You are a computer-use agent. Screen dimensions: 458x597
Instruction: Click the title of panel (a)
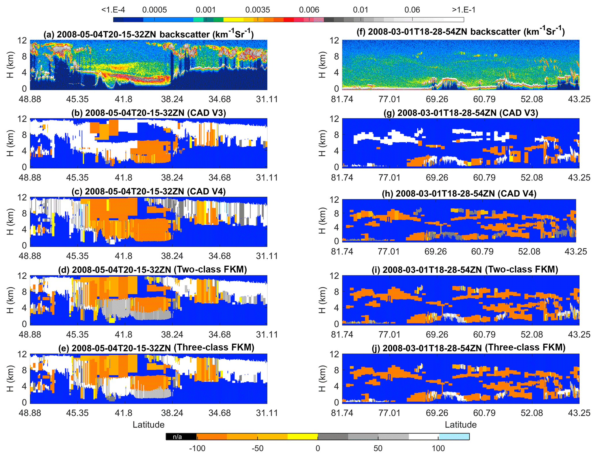(148, 34)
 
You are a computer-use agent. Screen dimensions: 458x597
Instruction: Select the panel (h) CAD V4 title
(459, 193)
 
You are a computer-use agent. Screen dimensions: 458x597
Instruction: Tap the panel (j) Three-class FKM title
(468, 347)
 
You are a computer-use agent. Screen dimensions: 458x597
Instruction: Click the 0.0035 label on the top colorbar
(257, 10)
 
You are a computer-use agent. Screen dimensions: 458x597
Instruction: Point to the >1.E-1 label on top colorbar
(464, 10)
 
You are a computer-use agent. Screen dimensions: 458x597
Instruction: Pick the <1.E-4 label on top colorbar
(113, 10)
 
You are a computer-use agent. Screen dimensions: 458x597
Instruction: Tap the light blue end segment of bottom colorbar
(454, 436)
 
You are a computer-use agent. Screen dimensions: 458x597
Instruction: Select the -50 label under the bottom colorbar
(257, 448)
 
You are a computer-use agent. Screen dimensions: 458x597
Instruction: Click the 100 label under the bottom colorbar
(438, 448)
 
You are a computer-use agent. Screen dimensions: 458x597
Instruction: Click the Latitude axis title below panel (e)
(148, 425)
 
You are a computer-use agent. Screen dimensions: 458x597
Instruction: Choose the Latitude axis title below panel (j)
(460, 425)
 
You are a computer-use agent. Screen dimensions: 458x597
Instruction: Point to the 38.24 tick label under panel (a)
(172, 99)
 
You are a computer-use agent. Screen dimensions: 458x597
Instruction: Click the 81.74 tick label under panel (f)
(342, 99)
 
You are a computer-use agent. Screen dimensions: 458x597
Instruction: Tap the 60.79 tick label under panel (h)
(482, 252)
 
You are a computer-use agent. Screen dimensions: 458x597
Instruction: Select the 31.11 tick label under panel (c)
(267, 256)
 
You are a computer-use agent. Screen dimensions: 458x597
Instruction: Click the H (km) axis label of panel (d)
(10, 300)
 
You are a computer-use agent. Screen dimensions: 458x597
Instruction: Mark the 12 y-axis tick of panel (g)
(334, 119)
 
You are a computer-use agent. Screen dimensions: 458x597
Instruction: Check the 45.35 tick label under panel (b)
(77, 178)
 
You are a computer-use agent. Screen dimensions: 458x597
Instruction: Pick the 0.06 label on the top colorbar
(412, 10)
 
